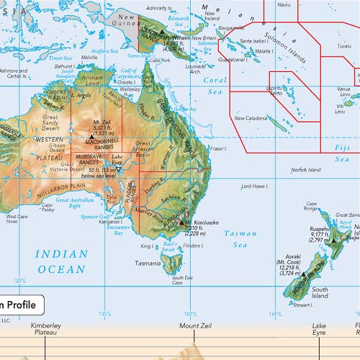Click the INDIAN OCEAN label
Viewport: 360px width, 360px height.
(61, 261)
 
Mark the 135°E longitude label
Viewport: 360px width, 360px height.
(105, 313)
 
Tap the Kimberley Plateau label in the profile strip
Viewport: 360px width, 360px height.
(46, 330)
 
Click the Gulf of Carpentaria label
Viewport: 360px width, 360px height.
(129, 71)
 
